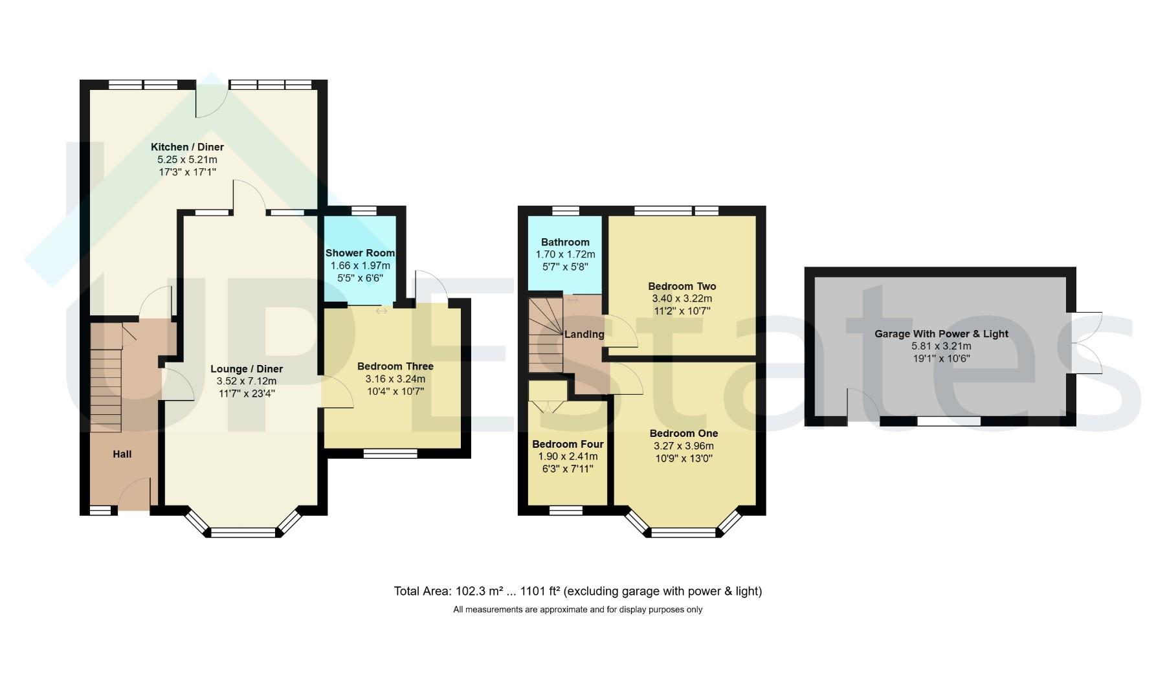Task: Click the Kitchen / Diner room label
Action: (x=187, y=147)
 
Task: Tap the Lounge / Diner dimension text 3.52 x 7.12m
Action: (x=247, y=381)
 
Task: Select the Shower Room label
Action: (x=360, y=253)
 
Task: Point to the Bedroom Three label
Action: (x=395, y=366)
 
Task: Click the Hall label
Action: (x=122, y=454)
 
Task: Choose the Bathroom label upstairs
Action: (x=565, y=242)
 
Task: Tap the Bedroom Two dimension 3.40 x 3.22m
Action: (x=682, y=298)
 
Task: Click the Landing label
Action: (x=584, y=335)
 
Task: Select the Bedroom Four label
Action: (x=568, y=444)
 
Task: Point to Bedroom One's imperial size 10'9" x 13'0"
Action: (x=684, y=458)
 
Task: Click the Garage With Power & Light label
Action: (x=941, y=334)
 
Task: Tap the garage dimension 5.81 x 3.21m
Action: (x=941, y=346)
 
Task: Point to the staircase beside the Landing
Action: (x=546, y=335)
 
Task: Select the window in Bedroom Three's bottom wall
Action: (x=390, y=454)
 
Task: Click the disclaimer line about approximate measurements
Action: (x=578, y=610)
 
